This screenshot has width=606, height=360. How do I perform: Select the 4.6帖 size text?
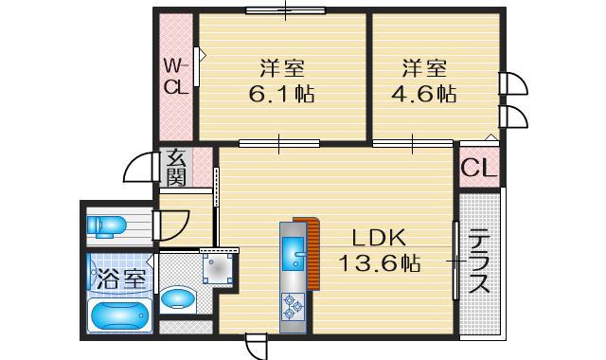(x=423, y=95)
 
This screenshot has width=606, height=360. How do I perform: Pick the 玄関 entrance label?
(x=176, y=167)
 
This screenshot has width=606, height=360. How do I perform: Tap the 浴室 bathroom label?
(x=120, y=279)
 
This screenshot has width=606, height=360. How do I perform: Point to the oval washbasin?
(x=176, y=300)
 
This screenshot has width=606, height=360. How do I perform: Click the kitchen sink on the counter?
(x=292, y=252)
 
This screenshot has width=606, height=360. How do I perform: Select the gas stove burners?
(x=292, y=304)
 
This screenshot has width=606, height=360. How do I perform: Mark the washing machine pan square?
(x=220, y=267)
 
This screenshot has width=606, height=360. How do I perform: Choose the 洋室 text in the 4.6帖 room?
(x=423, y=68)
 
